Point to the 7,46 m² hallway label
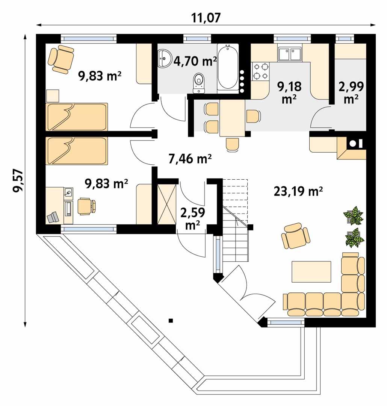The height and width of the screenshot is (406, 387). click(x=190, y=159)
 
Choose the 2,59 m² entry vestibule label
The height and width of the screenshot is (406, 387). click(x=192, y=218)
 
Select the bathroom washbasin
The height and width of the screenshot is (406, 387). click(x=165, y=59)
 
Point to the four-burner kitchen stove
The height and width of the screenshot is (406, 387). click(x=261, y=71)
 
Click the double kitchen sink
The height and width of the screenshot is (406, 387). click(x=289, y=54)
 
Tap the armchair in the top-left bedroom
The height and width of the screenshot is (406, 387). click(x=61, y=59)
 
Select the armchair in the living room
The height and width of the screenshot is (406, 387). click(x=296, y=236)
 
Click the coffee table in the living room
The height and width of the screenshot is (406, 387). click(x=311, y=271)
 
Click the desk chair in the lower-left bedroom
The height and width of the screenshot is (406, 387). click(x=86, y=206)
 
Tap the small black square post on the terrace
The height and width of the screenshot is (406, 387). click(x=171, y=321)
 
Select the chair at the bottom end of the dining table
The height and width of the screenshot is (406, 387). click(x=233, y=144)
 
